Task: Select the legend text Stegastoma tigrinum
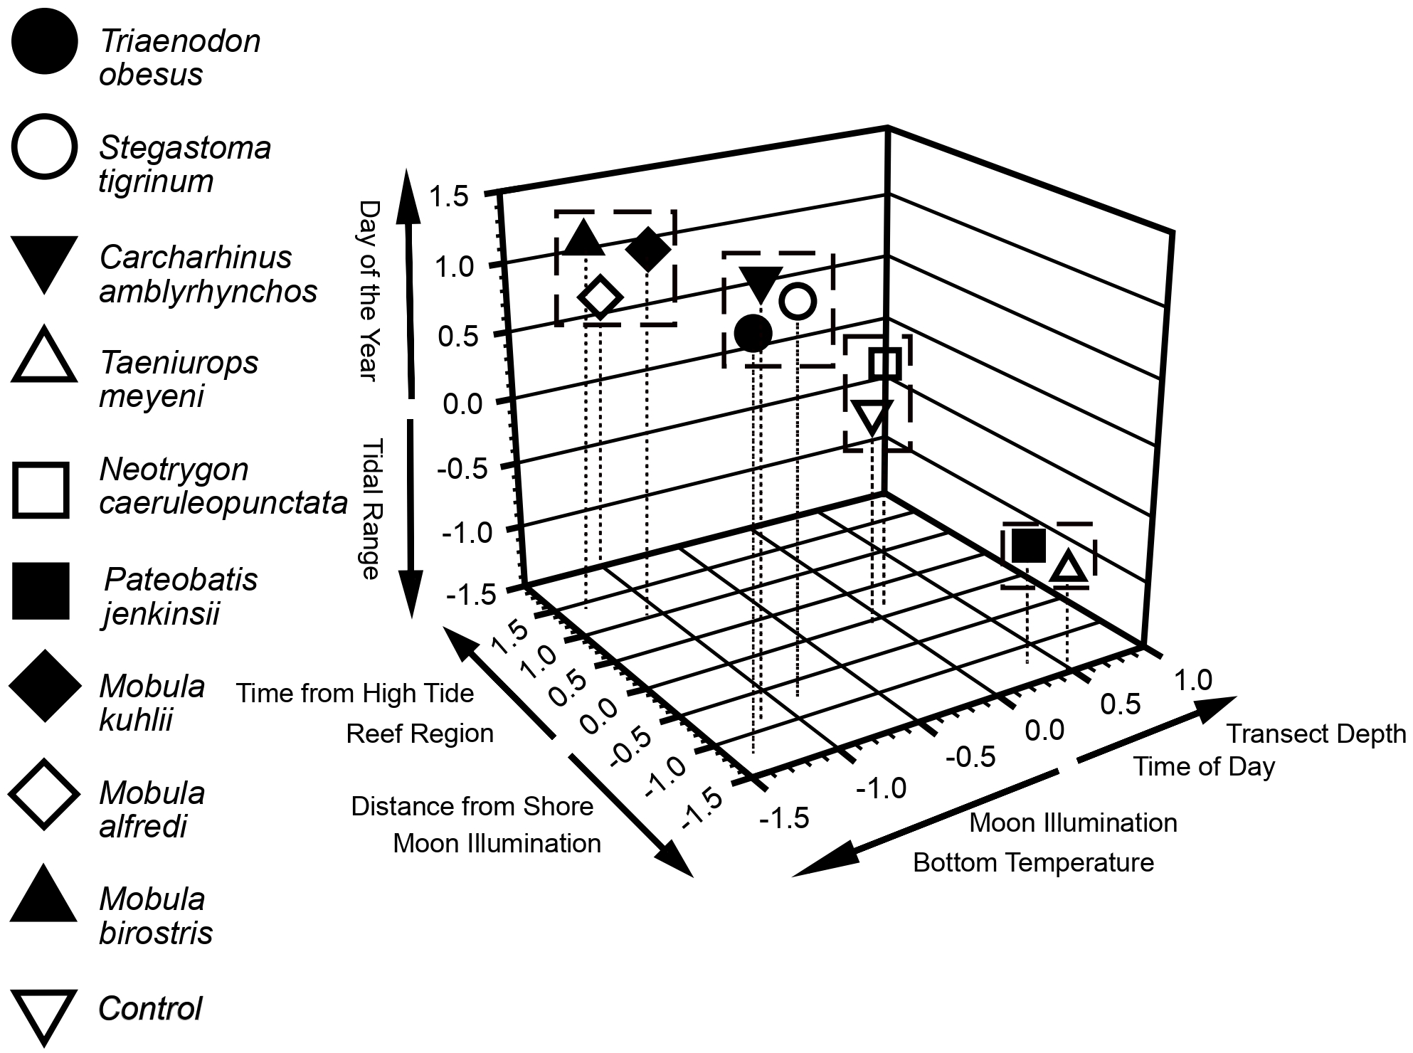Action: [x=184, y=164]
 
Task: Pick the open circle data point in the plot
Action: [x=798, y=300]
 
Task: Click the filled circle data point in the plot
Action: [x=753, y=333]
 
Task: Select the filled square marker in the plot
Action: [x=1029, y=546]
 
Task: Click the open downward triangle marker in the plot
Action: [x=872, y=417]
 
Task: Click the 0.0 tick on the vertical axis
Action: [x=462, y=404]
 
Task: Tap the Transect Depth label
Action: [x=1316, y=734]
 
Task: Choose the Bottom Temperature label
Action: [x=1033, y=862]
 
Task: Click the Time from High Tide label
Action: [x=355, y=693]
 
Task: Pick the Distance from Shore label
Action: [x=472, y=806]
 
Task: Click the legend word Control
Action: [x=150, y=1009]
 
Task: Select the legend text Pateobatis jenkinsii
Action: [x=181, y=596]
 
